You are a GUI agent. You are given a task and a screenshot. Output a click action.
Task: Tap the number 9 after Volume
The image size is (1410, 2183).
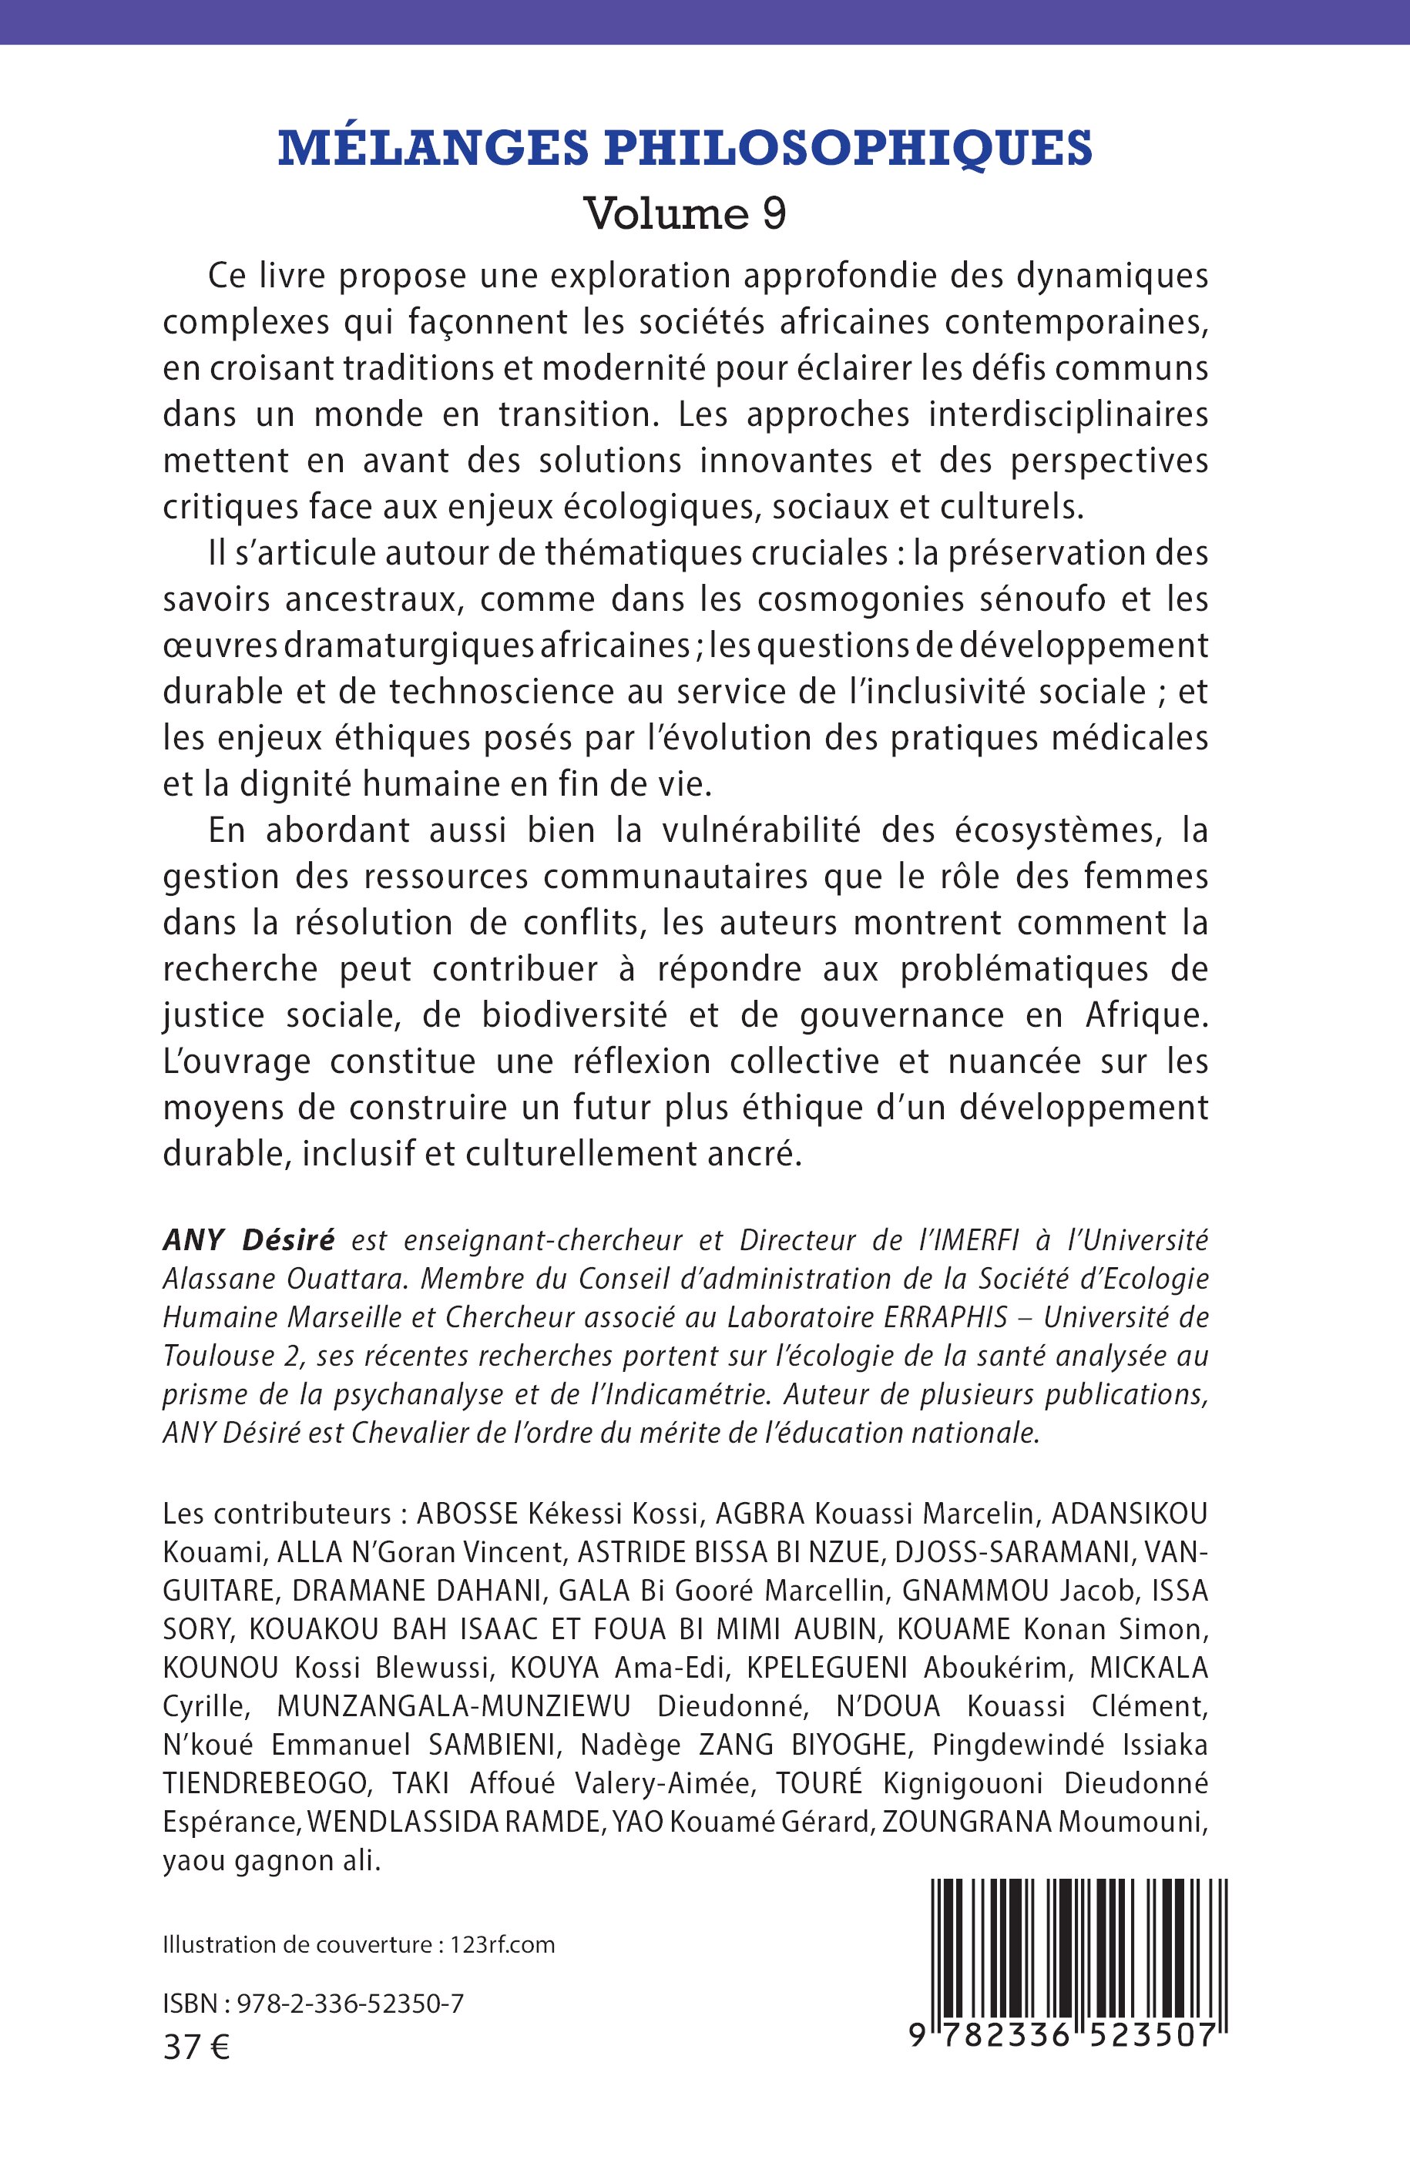[x=774, y=213]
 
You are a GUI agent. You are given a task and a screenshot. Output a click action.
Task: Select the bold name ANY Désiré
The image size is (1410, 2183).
[x=248, y=1240]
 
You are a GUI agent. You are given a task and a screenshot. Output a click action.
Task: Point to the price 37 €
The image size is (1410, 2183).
[x=196, y=2047]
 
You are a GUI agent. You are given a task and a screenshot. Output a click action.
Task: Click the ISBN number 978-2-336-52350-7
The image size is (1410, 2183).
[x=350, y=2004]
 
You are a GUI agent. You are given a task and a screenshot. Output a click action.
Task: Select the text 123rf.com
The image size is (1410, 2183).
[x=502, y=1944]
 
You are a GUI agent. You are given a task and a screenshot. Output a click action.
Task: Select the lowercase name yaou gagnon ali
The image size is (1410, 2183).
[x=271, y=1861]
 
